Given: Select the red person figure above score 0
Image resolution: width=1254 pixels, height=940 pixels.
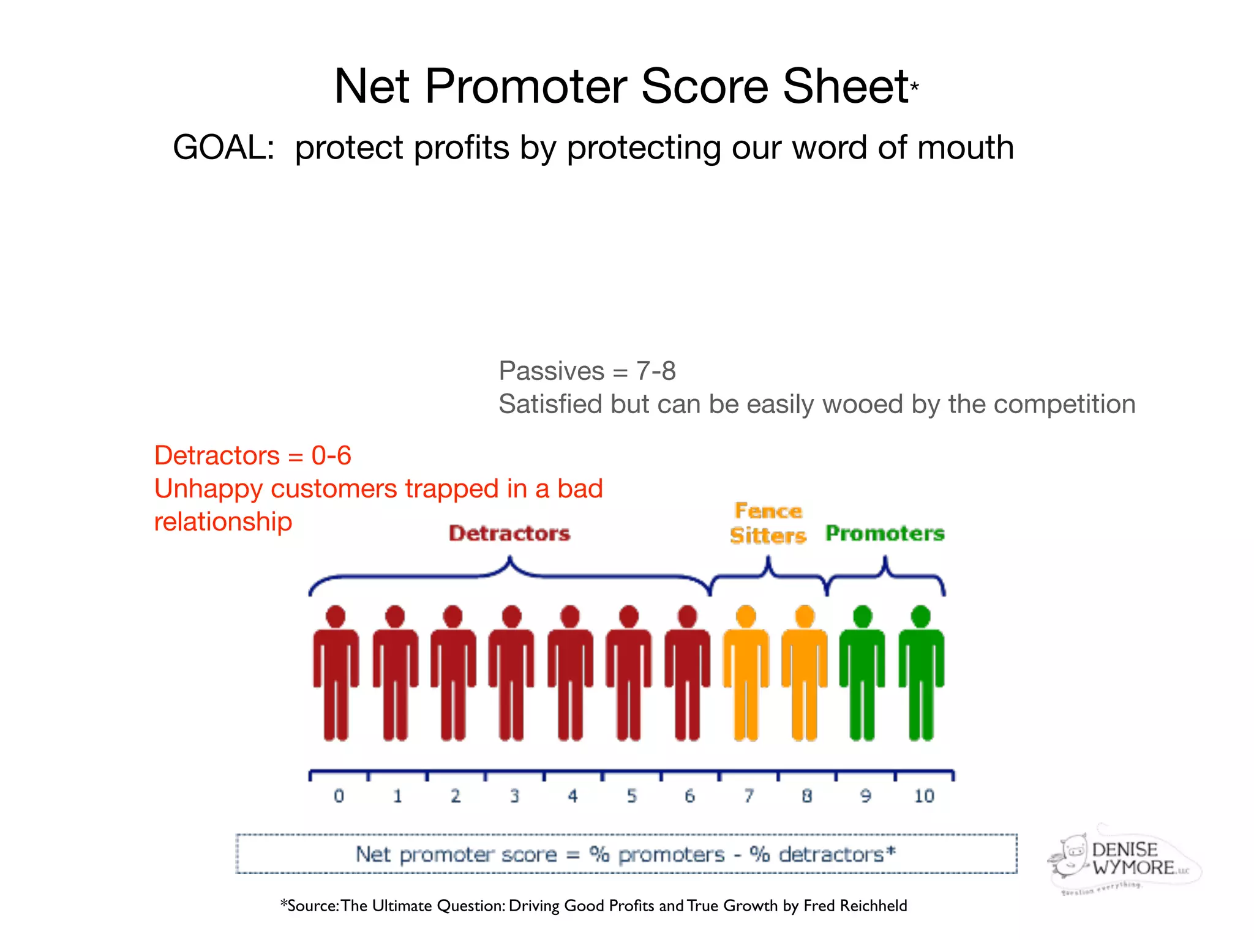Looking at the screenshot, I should (x=336, y=673).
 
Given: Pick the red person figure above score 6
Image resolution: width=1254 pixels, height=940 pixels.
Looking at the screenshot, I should (x=687, y=673).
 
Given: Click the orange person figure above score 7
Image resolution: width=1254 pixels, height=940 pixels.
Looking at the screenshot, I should (x=746, y=673).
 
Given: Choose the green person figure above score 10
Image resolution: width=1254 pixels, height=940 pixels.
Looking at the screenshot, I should (x=921, y=673).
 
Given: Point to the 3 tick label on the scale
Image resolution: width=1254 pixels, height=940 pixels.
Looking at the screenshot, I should (x=514, y=796).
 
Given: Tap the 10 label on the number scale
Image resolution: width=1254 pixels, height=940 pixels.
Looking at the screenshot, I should (x=924, y=796).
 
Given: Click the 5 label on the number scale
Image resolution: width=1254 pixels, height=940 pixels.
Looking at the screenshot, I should (x=631, y=796).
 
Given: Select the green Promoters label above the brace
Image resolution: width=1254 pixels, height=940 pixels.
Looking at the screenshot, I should (x=885, y=534).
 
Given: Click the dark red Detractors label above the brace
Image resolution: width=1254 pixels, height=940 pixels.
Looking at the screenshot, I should (x=509, y=534).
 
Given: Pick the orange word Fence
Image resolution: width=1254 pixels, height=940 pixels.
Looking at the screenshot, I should (x=768, y=511).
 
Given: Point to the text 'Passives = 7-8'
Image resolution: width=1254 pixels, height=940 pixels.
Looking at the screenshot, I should (x=587, y=371).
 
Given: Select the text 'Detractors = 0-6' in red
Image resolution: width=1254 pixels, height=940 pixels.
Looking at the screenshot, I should (x=252, y=456).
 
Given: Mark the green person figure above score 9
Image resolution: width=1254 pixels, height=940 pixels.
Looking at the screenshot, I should (x=862, y=673).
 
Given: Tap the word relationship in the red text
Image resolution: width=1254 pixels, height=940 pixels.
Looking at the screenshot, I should (x=223, y=522).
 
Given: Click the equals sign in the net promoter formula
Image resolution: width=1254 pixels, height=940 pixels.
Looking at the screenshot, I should (x=573, y=855).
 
